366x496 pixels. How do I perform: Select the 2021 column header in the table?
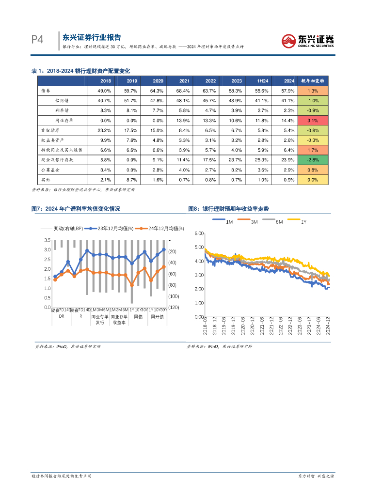click(x=184, y=81)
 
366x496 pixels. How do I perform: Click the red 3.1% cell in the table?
click(x=313, y=120)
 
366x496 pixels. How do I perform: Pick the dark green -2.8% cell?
click(x=313, y=159)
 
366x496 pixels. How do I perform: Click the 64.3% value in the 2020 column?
click(x=158, y=91)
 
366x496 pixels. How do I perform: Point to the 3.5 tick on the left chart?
click(x=48, y=240)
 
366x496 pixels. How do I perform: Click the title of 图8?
click(x=228, y=209)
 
